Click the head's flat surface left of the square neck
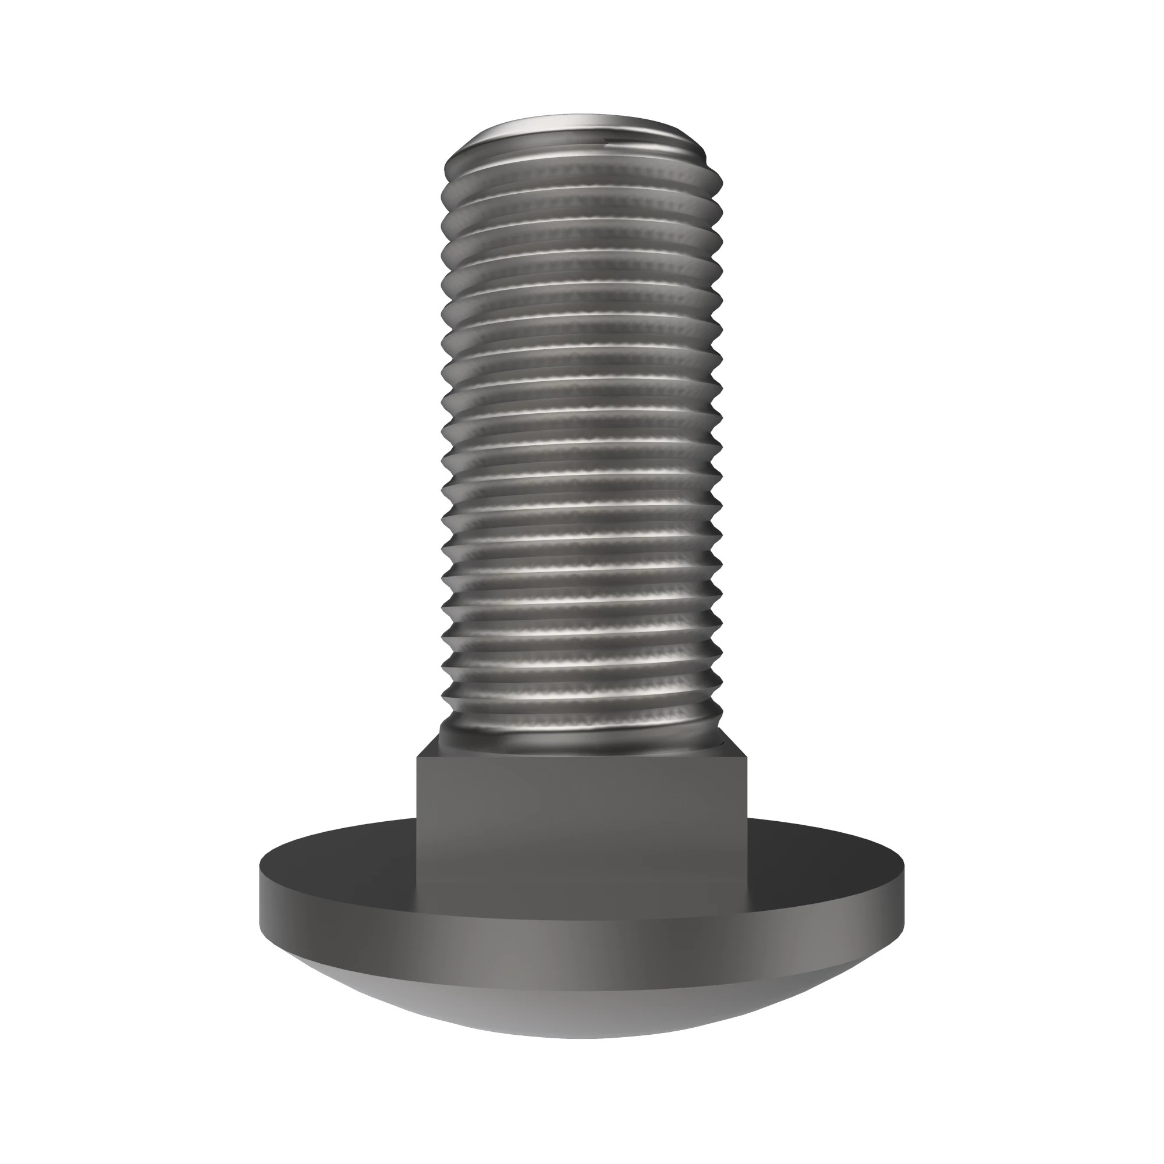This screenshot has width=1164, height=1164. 338,858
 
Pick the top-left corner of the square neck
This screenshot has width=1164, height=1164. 417,757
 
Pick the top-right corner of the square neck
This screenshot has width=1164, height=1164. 748,757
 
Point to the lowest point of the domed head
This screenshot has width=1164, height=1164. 582,1038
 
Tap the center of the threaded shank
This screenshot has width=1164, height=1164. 581,440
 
